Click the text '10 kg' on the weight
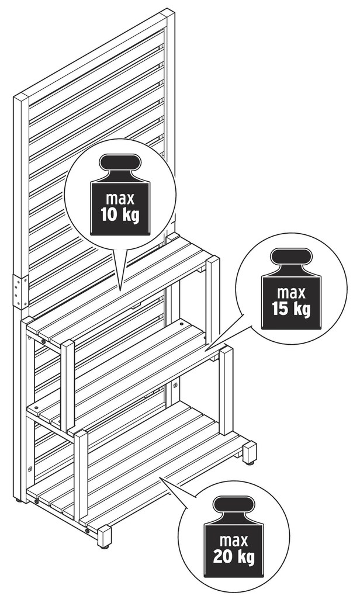[120, 215]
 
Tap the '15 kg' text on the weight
[291, 309]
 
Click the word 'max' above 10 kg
[120, 199]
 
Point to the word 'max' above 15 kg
[291, 293]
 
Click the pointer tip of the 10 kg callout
[121, 291]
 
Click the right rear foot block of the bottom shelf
[250, 452]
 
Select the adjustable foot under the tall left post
[18, 501]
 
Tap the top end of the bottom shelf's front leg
[81, 432]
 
